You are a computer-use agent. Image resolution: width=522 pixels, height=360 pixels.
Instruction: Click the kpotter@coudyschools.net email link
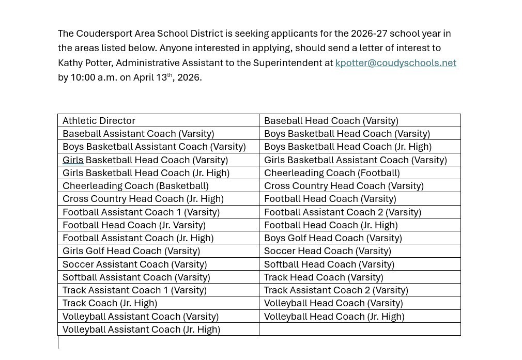point(395,63)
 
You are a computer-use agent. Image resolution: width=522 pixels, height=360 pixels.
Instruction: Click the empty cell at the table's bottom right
point(359,330)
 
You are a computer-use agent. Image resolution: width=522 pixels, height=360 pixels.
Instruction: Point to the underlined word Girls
point(73,160)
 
